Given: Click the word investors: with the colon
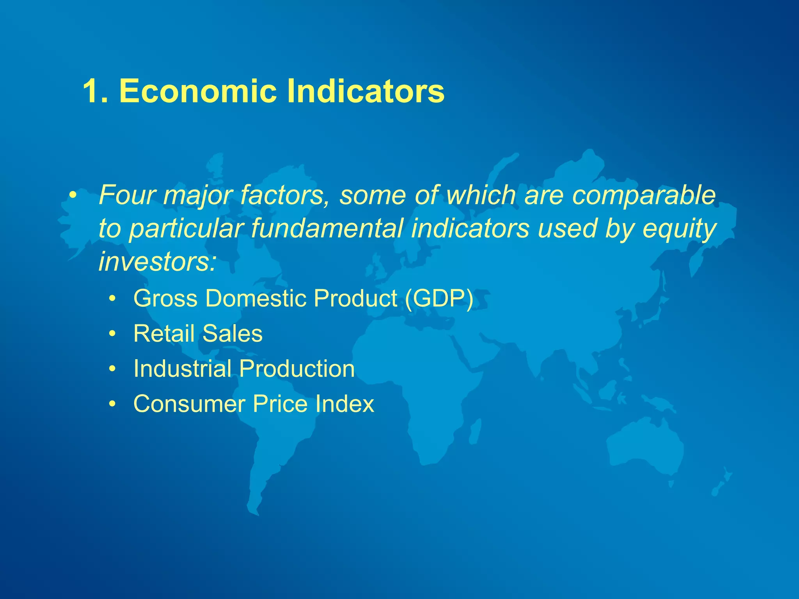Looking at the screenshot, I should [157, 261].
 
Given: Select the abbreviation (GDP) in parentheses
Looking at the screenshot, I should [439, 298].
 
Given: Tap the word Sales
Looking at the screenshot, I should [233, 333].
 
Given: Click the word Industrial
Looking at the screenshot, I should [182, 369].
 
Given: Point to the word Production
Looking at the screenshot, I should [297, 369].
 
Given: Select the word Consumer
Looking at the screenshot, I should [189, 404].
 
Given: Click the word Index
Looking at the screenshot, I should [345, 404].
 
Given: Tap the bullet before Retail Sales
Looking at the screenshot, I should [112, 334].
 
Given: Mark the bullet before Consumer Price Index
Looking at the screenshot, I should [112, 404].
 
